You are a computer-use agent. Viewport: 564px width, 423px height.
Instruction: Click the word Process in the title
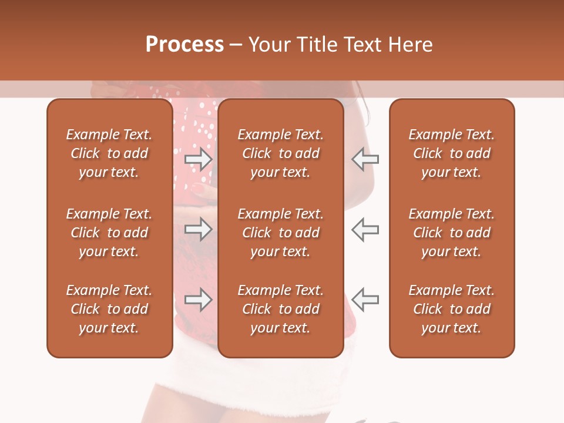tap(184, 45)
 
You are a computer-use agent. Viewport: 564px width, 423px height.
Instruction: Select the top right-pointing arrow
tap(199, 159)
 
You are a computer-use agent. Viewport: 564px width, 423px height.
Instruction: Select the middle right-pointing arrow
tap(199, 229)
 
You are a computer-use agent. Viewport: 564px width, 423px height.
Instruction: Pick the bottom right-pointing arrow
tap(199, 300)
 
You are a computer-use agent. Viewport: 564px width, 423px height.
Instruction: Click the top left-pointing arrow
tap(365, 159)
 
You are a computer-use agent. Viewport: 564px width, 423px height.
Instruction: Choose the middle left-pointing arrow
tap(365, 229)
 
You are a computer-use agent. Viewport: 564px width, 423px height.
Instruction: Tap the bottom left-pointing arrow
tap(365, 300)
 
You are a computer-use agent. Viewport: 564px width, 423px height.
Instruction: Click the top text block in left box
tap(109, 153)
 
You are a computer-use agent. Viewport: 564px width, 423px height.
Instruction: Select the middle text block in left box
tap(109, 233)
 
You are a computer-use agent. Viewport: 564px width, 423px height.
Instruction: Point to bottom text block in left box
tap(109, 309)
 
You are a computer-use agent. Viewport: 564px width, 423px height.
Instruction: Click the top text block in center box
tap(280, 153)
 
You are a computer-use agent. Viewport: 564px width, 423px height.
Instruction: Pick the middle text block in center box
tap(280, 233)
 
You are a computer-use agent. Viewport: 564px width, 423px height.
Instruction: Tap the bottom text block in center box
tap(280, 309)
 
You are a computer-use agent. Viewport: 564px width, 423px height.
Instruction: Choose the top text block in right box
tap(452, 153)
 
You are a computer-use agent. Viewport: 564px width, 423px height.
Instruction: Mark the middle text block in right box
tap(452, 233)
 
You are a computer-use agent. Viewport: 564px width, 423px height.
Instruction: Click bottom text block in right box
tap(452, 309)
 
